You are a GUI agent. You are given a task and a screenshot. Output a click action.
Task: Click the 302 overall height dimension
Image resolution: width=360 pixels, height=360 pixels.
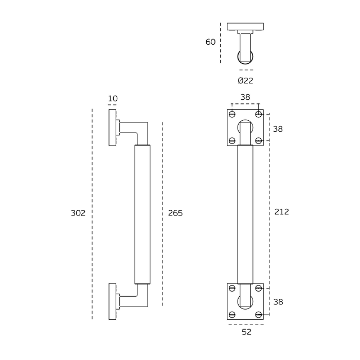pos(78,213)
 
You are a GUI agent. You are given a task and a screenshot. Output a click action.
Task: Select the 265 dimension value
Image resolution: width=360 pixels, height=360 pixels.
pos(175,213)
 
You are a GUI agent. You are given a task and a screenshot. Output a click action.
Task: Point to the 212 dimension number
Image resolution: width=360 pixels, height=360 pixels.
pos(281,212)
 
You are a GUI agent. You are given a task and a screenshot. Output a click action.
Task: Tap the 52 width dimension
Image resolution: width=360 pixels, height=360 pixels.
pos(246,332)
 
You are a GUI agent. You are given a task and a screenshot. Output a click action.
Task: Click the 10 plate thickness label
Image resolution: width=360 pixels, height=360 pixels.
pos(113,99)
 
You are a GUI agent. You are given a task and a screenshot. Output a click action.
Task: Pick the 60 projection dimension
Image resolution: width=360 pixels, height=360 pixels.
pos(210,42)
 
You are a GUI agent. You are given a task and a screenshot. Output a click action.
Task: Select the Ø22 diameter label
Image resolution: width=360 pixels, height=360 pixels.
pos(245,81)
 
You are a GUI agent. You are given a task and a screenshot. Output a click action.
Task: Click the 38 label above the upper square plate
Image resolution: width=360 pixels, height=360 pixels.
pos(245,97)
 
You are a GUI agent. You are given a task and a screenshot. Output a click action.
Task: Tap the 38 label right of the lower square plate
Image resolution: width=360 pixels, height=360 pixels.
pos(278,302)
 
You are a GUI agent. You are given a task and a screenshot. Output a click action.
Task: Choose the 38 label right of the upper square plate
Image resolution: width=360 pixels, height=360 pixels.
pos(278,129)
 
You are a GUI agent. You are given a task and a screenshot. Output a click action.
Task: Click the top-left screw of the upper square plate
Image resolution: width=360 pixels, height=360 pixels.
pos(232,114)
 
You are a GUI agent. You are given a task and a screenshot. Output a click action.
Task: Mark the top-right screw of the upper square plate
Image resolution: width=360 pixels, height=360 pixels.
pos(259,114)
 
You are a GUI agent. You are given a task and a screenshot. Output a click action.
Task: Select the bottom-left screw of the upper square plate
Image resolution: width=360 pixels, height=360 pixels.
pos(232,140)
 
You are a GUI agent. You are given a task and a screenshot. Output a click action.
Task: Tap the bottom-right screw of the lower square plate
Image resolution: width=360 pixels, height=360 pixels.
pos(259,314)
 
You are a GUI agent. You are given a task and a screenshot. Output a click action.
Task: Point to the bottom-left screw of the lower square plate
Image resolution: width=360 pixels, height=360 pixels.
pos(232,314)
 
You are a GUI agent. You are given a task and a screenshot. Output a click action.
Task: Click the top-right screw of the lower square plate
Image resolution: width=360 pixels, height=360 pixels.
pos(259,288)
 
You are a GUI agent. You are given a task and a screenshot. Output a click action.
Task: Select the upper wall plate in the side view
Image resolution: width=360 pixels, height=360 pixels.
pos(112,128)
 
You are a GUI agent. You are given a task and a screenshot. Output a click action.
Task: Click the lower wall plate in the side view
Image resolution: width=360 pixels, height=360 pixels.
pos(112,301)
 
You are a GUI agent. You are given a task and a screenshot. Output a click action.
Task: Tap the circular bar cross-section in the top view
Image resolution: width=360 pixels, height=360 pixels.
pos(245,57)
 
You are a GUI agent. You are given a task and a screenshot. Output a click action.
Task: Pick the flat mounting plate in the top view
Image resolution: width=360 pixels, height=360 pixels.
pos(245,26)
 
